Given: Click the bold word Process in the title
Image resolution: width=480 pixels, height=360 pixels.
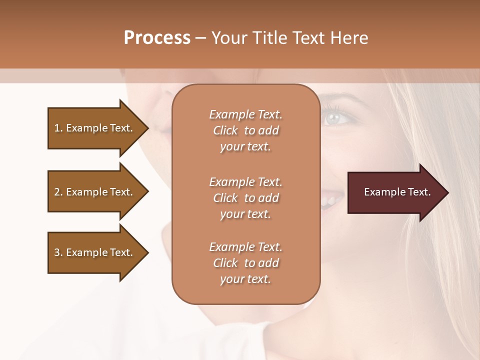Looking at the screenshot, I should point(157,38).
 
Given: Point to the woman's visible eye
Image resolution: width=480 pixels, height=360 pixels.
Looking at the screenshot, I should point(332,118).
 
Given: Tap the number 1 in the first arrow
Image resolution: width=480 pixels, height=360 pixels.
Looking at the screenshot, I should point(56,128).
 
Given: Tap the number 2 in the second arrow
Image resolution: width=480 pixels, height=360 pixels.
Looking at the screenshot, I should point(57,192).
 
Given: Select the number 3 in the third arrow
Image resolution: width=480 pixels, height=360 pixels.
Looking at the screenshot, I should point(57,252).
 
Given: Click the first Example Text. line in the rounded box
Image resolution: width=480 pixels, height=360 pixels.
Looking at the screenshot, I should point(245,114).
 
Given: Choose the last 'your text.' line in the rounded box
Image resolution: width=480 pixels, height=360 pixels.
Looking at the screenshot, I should point(245,279).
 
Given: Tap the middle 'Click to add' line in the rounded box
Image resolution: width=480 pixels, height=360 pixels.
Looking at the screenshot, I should point(245,198).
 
